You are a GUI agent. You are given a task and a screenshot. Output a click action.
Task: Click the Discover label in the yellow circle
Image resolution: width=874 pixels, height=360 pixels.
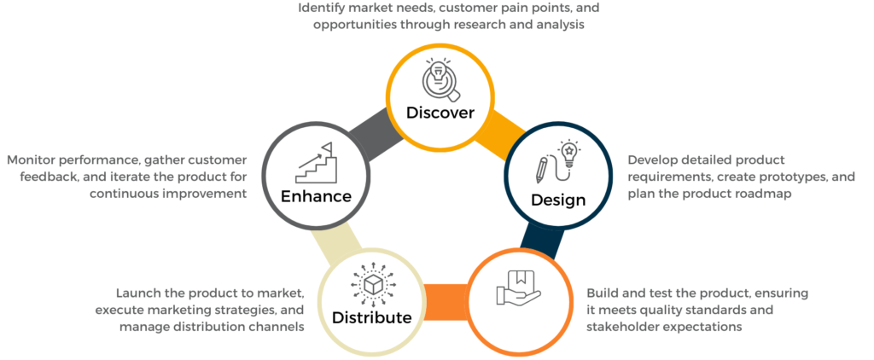pyautogui.click(x=440, y=112)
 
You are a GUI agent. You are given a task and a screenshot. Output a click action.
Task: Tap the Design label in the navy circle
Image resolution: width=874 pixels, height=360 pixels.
pyautogui.click(x=558, y=200)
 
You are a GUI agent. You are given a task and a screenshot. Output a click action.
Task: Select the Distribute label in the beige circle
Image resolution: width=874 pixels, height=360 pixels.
pyautogui.click(x=372, y=317)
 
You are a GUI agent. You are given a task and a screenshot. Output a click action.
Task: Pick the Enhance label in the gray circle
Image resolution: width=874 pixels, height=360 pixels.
pyautogui.click(x=317, y=195)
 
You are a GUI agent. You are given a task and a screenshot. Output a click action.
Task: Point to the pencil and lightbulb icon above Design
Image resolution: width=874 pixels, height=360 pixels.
pyautogui.click(x=557, y=162)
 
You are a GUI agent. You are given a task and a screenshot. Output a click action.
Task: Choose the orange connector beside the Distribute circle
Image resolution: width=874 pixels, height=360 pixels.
pyautogui.click(x=444, y=298)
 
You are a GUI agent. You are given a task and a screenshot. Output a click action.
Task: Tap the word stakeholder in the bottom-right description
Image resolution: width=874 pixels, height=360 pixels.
pyautogui.click(x=627, y=326)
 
